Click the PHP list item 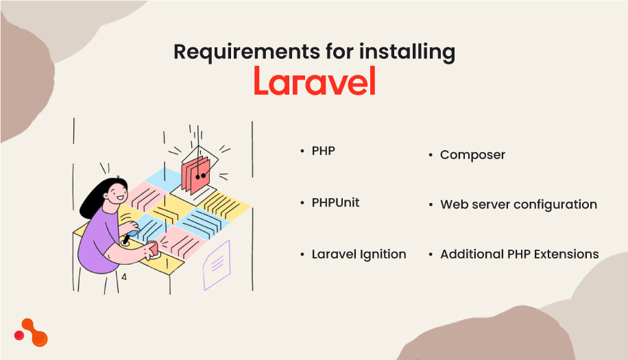click(x=323, y=150)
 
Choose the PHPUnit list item click(x=335, y=202)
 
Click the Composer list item click(x=472, y=155)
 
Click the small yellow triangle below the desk click(x=124, y=276)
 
